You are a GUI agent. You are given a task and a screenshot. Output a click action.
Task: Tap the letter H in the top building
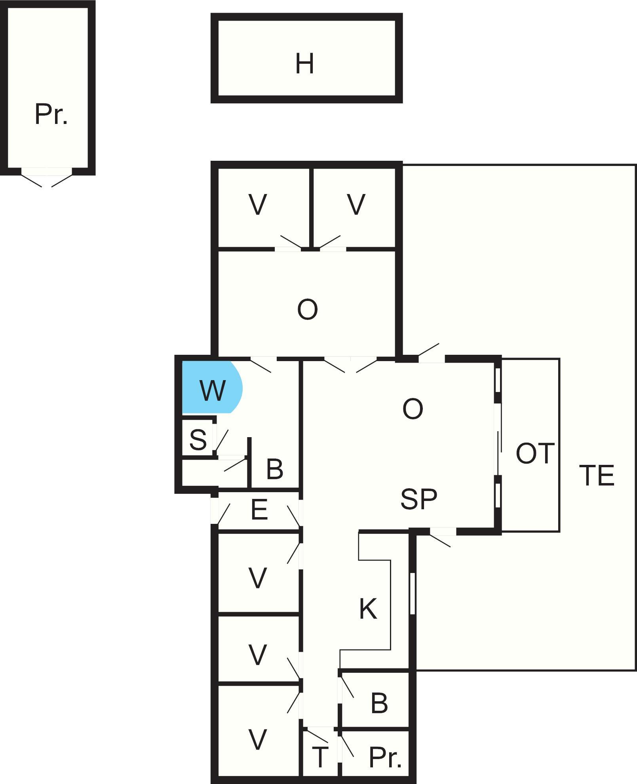click(x=304, y=64)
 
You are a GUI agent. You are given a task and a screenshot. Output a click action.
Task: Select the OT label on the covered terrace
click(x=534, y=453)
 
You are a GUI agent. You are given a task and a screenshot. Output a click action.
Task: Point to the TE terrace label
click(x=597, y=475)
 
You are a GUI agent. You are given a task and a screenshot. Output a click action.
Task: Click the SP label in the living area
click(x=418, y=499)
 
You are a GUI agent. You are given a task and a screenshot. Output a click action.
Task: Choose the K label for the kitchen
click(x=368, y=609)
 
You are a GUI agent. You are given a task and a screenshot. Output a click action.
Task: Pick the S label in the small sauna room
click(x=198, y=440)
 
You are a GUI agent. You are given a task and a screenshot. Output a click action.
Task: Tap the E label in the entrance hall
click(x=259, y=510)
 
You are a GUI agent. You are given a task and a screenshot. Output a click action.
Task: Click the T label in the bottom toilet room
click(x=320, y=757)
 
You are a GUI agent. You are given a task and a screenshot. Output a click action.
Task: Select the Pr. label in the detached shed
click(x=51, y=114)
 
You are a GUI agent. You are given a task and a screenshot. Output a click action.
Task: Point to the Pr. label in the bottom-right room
click(x=385, y=757)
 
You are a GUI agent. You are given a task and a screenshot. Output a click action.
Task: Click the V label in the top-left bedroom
click(x=258, y=205)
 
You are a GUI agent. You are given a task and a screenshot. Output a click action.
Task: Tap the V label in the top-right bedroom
click(x=356, y=205)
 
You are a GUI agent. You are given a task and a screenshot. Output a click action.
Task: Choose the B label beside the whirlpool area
click(x=275, y=469)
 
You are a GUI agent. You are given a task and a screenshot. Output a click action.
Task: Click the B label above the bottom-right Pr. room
click(x=379, y=703)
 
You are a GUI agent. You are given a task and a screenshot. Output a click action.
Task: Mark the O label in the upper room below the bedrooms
click(x=307, y=310)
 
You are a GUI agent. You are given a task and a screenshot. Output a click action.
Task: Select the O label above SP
click(x=413, y=409)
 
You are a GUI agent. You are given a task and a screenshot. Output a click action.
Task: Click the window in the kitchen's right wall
click(x=412, y=593)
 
